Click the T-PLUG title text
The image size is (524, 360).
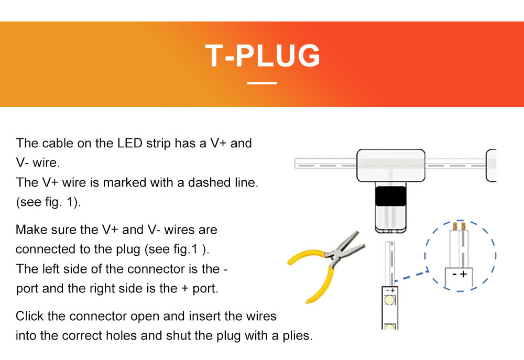263,56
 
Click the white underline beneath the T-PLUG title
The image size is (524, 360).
262,83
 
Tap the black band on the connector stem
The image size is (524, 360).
390,196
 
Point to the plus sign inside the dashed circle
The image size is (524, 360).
464,274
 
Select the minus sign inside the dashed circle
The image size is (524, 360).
455,275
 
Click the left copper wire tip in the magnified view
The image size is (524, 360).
455,226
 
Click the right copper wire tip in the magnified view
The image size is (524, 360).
463,226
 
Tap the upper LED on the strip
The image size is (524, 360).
389,300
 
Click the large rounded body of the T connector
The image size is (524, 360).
391,166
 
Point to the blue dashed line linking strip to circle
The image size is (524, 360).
411,276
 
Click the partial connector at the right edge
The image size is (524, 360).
491,166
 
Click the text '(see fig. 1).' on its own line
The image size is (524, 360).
48,202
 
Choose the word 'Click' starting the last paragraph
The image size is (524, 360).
29,316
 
